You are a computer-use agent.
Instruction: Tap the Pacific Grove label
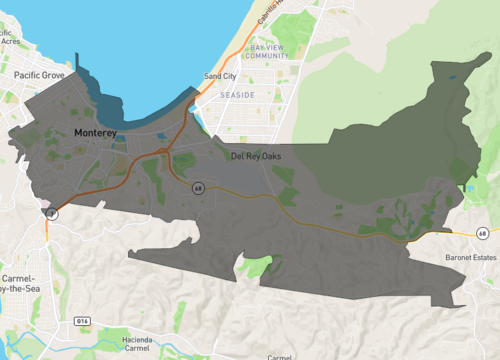pyautogui.click(x=40, y=76)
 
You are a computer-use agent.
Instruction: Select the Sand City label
pyautogui.click(x=219, y=76)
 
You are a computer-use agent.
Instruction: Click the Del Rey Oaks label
pyautogui.click(x=260, y=157)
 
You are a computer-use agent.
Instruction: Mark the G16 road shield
pyautogui.click(x=84, y=322)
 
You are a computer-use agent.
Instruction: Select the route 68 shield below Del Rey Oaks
pyautogui.click(x=199, y=187)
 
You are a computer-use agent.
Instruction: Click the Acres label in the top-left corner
pyautogui.click(x=12, y=43)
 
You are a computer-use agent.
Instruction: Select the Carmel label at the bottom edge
pyautogui.click(x=280, y=356)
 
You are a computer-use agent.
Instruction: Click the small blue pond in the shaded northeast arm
pyautogui.click(x=453, y=76)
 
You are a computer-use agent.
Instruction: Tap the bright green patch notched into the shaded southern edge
pyautogui.click(x=257, y=267)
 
